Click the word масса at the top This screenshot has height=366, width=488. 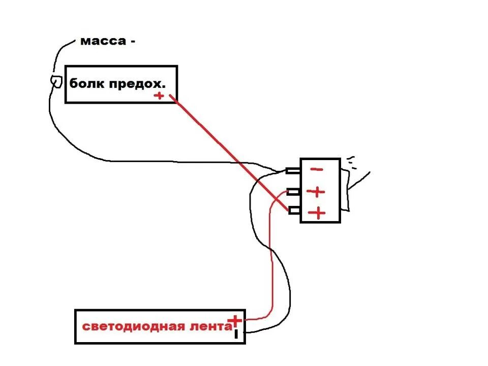(102, 41)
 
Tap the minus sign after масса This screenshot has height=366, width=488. (133, 42)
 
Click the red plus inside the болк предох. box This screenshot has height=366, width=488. (160, 96)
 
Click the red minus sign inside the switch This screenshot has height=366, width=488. (316, 170)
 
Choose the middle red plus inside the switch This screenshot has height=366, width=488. (317, 192)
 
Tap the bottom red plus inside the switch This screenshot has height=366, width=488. (318, 213)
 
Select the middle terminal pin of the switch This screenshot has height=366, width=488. (293, 192)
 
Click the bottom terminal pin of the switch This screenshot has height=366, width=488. (293, 210)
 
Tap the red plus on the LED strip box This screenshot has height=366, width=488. (235, 320)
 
